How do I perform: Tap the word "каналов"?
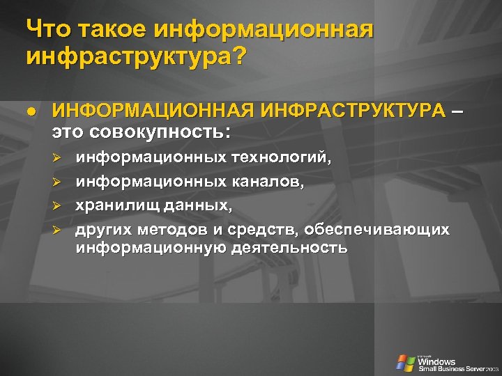[269, 182]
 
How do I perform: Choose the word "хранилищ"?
[118, 205]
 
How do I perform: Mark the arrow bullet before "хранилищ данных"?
[59, 206]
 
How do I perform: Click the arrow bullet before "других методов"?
[59, 230]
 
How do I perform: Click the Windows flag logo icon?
[405, 363]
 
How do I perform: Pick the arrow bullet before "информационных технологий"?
[59, 159]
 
